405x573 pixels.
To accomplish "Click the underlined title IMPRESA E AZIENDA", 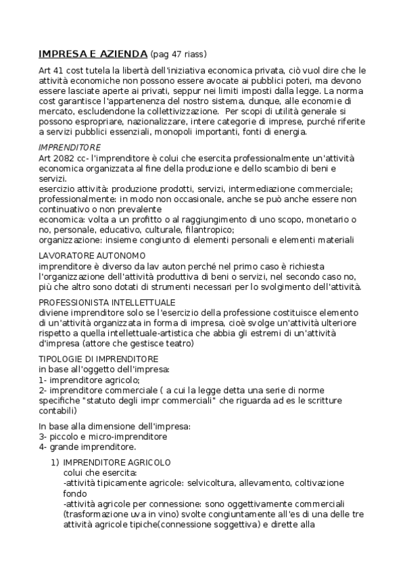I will [x=93, y=53].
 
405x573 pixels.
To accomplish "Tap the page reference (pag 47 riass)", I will [x=178, y=54].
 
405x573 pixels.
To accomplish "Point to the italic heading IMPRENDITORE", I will [x=70, y=147].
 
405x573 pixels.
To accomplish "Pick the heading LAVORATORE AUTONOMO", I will [x=92, y=255].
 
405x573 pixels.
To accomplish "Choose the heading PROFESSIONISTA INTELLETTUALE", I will [x=107, y=301].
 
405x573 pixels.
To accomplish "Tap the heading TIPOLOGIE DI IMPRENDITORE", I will [x=99, y=358].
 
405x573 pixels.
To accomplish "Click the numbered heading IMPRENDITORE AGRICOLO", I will [x=116, y=463].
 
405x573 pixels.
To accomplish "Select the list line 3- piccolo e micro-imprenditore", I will [x=103, y=437].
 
